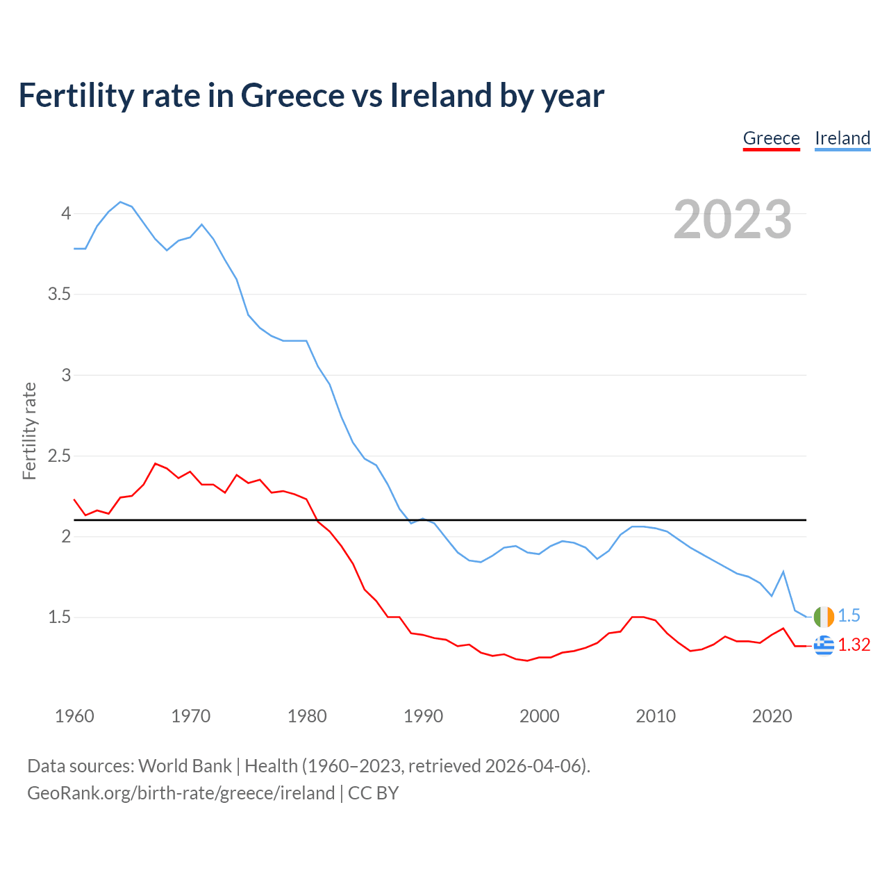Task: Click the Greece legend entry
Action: (771, 138)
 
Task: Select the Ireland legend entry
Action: (842, 138)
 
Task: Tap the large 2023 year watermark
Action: (733, 219)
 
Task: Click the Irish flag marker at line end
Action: (824, 616)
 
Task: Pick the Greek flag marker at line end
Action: (824, 645)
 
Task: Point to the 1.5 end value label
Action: (849, 616)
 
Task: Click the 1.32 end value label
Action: (854, 645)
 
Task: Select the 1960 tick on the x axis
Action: (74, 716)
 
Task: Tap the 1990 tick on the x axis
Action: (423, 716)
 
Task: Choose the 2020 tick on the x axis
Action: (772, 716)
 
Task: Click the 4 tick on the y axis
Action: (66, 213)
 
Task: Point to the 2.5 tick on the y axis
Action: (60, 456)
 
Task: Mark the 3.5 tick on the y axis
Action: (60, 294)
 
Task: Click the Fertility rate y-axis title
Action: (29, 431)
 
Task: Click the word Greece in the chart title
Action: (292, 95)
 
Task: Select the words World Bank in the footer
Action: (185, 766)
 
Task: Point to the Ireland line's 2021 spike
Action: (783, 572)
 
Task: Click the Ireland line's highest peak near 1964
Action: (121, 202)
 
